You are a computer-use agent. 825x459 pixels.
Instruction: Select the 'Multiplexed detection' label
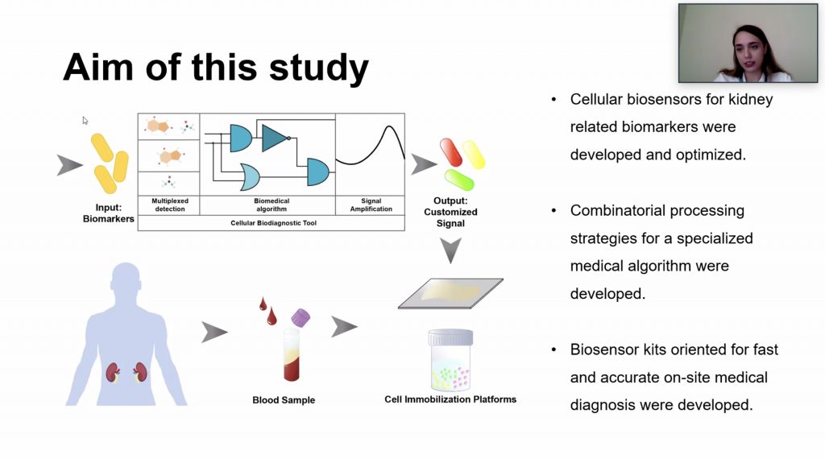(168, 205)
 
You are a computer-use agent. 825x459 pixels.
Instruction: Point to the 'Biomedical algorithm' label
(267, 205)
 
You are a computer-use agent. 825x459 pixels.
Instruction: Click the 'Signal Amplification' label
(371, 205)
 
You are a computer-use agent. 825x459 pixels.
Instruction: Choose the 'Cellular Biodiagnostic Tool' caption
(271, 223)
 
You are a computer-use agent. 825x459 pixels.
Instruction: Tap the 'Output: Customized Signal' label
(450, 212)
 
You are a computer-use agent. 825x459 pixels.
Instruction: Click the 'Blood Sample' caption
(284, 400)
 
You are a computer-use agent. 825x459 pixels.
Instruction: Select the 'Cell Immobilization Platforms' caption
(450, 399)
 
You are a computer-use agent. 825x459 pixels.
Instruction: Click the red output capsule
(450, 152)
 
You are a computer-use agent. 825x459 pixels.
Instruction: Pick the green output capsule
(459, 178)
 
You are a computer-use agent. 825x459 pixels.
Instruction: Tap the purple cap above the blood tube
(301, 316)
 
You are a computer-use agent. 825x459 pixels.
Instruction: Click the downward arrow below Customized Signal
(451, 250)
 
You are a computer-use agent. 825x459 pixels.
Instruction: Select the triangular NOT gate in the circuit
(275, 137)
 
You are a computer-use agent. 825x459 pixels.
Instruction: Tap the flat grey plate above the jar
(450, 293)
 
